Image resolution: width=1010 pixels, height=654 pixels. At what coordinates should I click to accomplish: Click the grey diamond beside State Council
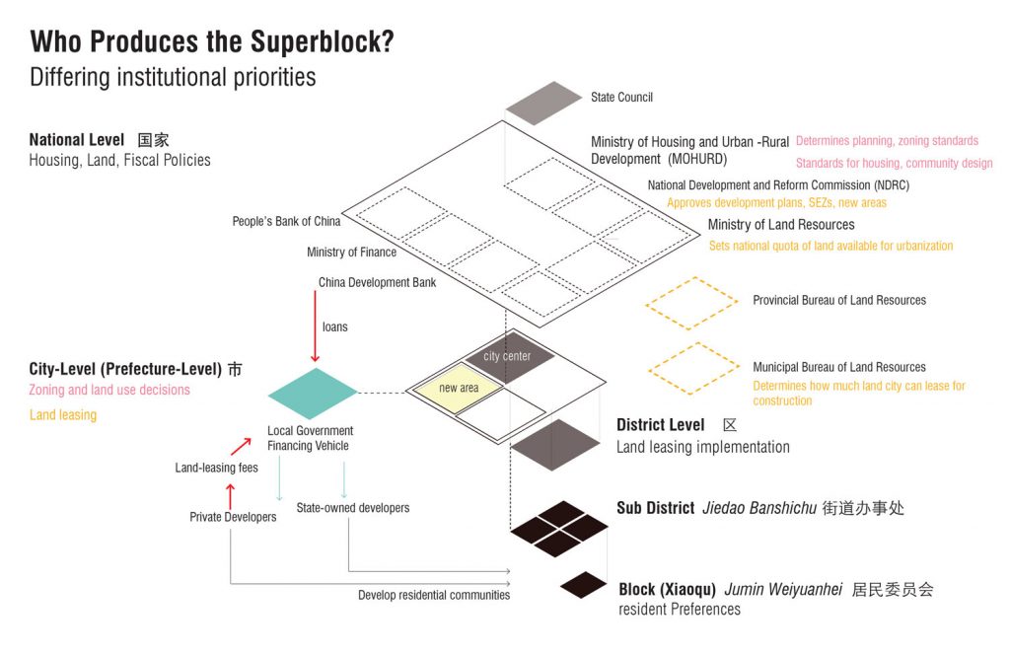pos(543,103)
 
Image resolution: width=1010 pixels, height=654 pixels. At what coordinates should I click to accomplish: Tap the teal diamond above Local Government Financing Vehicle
pos(313,393)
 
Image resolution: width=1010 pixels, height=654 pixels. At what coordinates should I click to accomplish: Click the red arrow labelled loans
pos(315,327)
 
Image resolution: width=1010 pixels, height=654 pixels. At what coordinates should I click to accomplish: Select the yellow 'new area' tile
pos(458,389)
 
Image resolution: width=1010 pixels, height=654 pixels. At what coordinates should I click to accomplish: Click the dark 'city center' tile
pos(509,356)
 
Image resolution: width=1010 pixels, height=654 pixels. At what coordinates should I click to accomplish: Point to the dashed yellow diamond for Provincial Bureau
pos(691,304)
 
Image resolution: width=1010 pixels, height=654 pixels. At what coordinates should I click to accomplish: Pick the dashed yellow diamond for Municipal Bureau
pos(694,369)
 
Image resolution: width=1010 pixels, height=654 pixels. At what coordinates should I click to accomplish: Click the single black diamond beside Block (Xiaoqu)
pos(584,585)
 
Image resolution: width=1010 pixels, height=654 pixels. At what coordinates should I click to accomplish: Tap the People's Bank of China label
pos(286,221)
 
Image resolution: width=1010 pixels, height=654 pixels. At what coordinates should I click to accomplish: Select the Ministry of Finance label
pos(351,252)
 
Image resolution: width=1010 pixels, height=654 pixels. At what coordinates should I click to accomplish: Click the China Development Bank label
pos(377,282)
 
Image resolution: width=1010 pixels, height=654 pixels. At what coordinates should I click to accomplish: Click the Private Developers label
pos(233,517)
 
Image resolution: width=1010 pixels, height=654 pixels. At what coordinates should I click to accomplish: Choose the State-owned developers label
pos(353,508)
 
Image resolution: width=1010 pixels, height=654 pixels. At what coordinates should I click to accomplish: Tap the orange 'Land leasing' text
pos(63,415)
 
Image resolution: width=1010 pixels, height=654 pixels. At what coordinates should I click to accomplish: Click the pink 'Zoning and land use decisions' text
pos(109,390)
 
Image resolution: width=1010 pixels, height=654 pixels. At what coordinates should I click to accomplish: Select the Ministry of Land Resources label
pos(781,225)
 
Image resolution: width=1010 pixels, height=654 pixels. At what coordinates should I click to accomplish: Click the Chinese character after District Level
pos(730,425)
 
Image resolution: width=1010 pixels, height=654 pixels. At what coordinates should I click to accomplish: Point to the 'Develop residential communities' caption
pos(434,595)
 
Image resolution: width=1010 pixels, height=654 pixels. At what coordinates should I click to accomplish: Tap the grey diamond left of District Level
pos(555,445)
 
